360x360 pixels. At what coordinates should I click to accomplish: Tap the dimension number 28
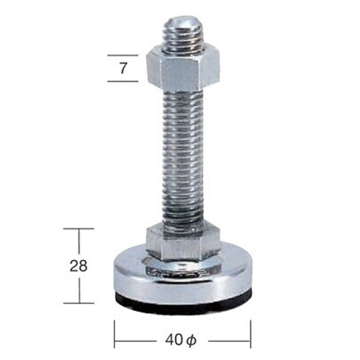coord(80,265)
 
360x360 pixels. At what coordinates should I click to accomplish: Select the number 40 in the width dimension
coord(174,336)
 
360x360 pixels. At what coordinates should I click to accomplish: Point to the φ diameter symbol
coord(191,336)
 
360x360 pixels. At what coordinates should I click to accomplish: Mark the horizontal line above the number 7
coord(122,55)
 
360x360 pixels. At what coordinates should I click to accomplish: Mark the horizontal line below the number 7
coord(122,81)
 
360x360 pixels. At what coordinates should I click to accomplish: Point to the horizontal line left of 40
coord(137,336)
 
